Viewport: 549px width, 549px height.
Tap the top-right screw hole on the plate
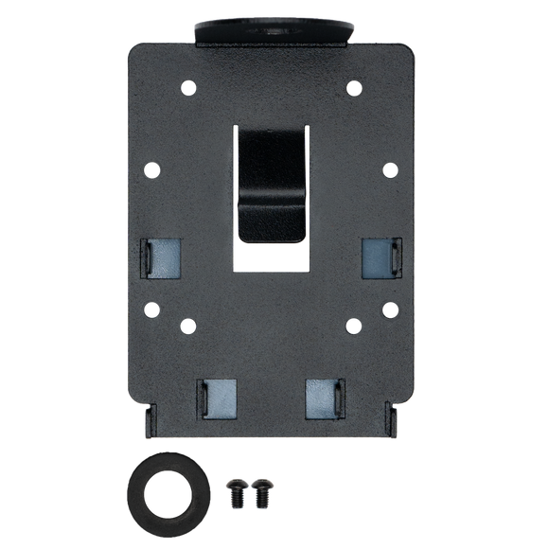pos(355,89)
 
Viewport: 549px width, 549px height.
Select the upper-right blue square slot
pos(378,257)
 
